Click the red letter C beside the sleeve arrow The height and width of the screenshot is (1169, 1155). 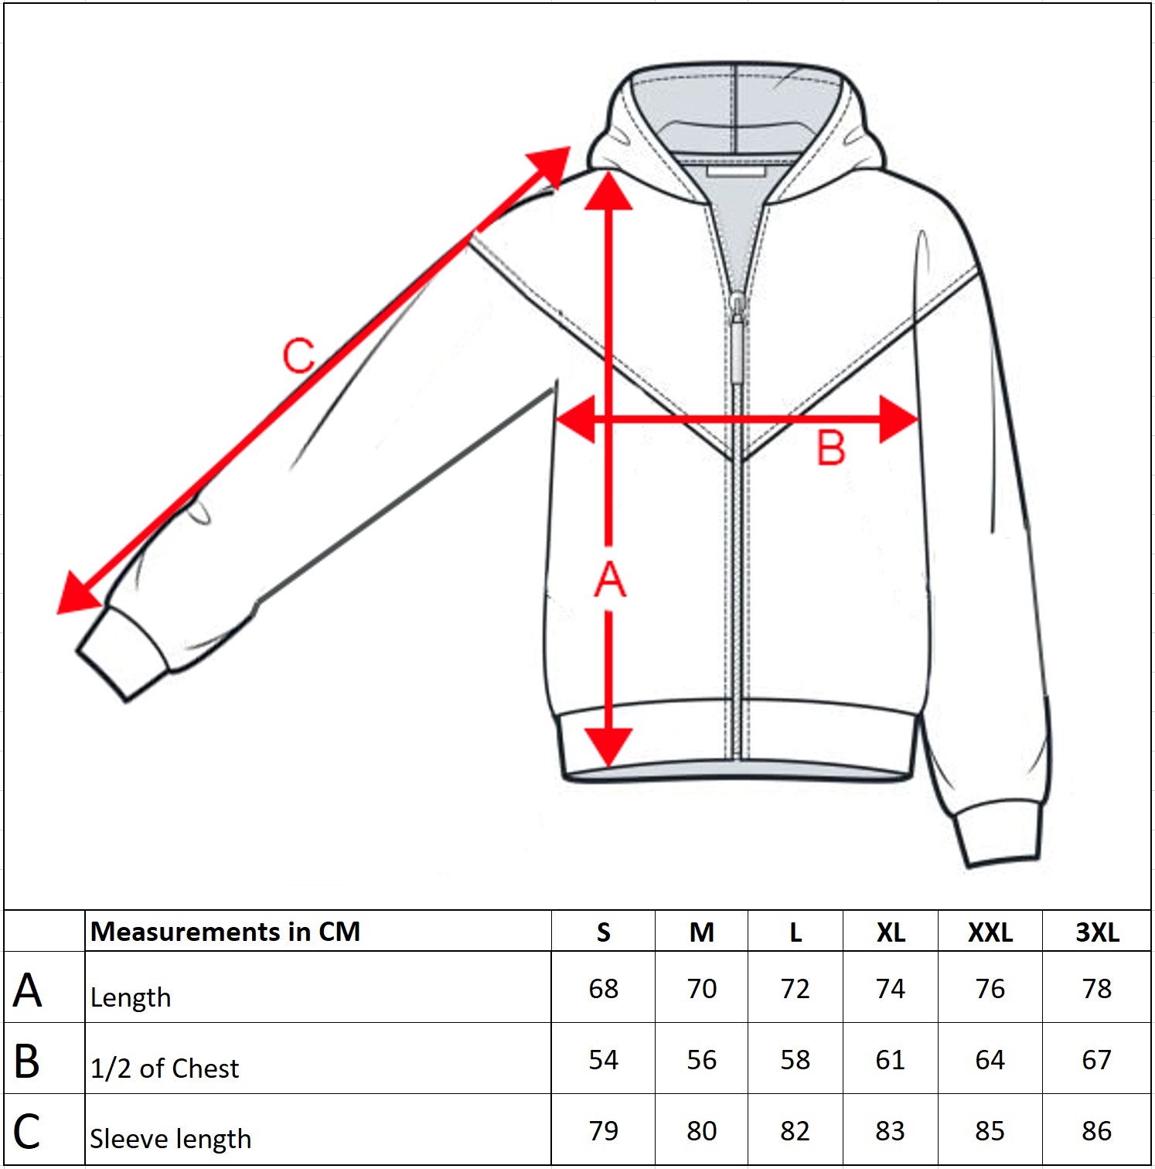coord(298,356)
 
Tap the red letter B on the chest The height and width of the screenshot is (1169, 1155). coord(831,448)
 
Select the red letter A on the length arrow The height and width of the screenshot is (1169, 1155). coord(609,580)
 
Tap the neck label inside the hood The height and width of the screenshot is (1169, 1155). coord(735,170)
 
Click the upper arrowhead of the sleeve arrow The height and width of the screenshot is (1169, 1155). coord(550,165)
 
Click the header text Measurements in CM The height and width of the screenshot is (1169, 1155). coord(225,932)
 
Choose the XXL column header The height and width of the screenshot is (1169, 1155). coord(990,932)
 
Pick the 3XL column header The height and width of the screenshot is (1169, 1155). coord(1097,932)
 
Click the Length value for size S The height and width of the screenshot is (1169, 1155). coord(603,989)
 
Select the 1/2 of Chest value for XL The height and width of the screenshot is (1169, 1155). coord(890,1060)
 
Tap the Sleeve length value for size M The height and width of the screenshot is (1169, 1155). coord(701,1131)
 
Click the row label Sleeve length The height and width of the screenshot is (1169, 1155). coord(170,1139)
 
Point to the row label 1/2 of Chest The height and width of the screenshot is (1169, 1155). coord(164,1068)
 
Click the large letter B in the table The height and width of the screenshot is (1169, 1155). coord(27,1062)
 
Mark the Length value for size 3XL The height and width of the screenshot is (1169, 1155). coord(1096,989)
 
